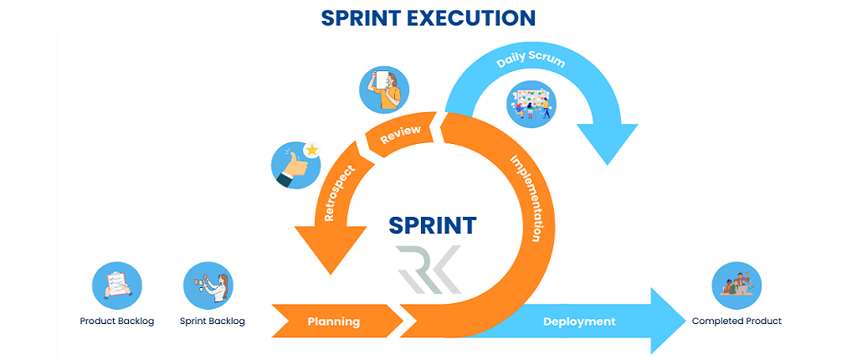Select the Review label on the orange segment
pos(400,136)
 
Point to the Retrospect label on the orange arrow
pos(338,192)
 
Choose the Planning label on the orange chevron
pos(333,321)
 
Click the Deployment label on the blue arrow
pos(579,321)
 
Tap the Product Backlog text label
pos(117,321)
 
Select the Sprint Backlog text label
pos(213,321)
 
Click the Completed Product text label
pos(736,321)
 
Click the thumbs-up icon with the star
pos(296,163)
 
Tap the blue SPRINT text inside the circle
pos(433,225)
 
